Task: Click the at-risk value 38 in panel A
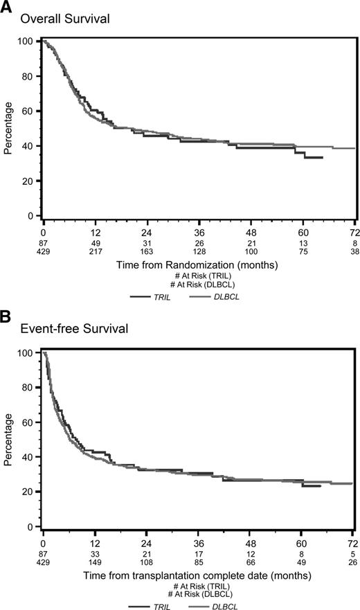[354, 252]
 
